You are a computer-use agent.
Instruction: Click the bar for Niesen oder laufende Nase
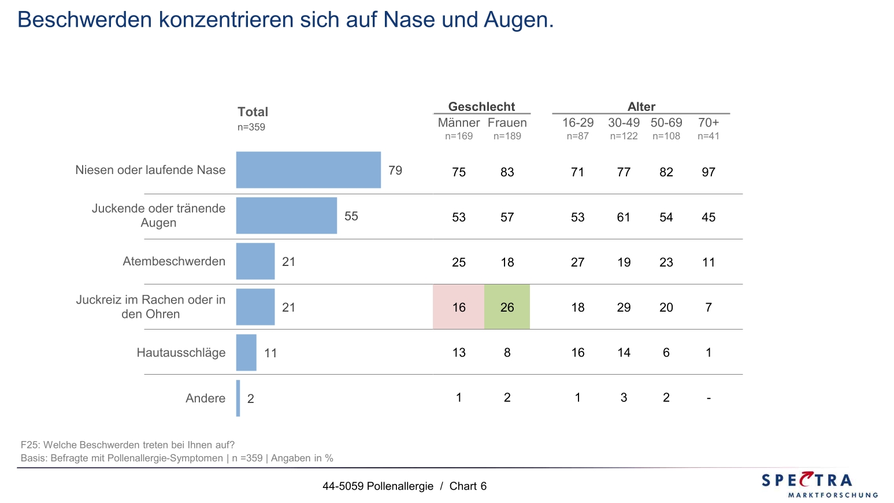(308, 170)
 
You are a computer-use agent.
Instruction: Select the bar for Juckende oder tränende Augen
(286, 216)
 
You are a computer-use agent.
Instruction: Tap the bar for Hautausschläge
(246, 353)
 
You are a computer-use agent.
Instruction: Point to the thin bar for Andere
(238, 398)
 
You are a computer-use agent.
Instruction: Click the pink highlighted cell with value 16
(459, 307)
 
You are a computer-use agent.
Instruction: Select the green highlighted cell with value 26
(507, 307)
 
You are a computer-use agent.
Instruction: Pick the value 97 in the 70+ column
(708, 172)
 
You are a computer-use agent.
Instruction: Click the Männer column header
(459, 123)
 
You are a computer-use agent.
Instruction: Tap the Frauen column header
(507, 123)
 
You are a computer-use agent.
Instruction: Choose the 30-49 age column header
(624, 123)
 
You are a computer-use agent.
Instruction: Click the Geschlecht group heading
(481, 106)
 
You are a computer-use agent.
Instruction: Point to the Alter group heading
(641, 106)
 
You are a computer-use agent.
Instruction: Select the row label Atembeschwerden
(174, 261)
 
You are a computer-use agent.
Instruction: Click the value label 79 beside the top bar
(395, 171)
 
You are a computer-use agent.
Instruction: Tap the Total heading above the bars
(253, 112)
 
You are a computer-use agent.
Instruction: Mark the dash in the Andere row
(708, 398)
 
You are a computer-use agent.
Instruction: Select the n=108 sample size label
(666, 136)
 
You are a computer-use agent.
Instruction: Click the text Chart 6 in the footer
(468, 486)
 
